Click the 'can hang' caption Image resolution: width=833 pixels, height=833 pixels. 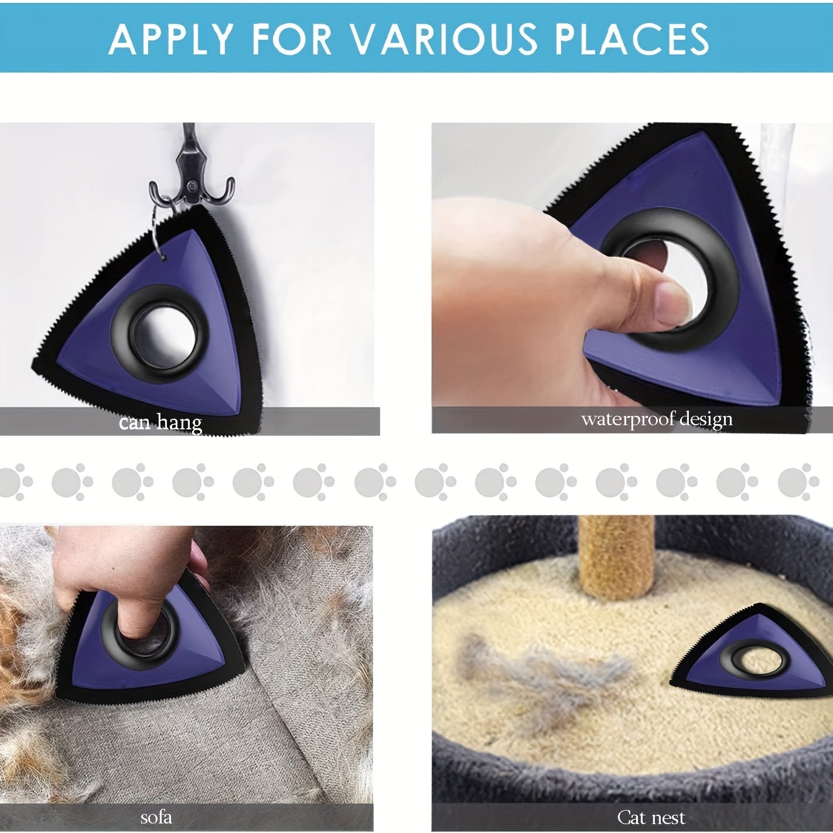[x=161, y=422]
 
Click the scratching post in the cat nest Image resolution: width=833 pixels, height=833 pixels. [x=616, y=558]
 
